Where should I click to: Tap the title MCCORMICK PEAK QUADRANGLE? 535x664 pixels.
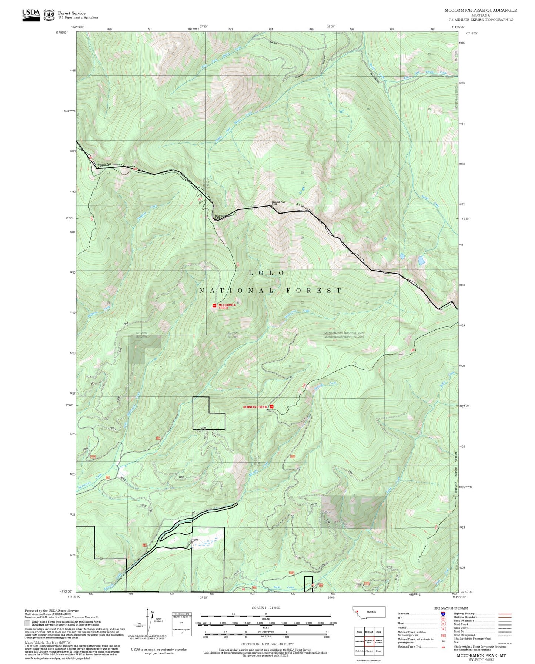[481, 10]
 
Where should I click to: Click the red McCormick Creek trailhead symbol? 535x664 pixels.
[214, 305]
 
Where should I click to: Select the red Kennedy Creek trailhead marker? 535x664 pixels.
[271, 407]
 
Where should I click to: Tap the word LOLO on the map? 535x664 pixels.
[267, 273]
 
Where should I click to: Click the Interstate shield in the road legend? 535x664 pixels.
[443, 613]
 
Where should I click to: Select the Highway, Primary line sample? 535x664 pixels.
[505, 614]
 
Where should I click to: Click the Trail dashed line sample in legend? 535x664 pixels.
[505, 642]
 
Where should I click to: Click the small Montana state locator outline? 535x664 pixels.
[369, 612]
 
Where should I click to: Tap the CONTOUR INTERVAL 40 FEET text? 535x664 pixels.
[265, 644]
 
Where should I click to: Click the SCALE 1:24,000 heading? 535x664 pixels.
[265, 608]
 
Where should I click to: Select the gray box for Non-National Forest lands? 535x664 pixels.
[27, 623]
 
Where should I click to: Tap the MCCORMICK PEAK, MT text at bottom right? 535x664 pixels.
[481, 655]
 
